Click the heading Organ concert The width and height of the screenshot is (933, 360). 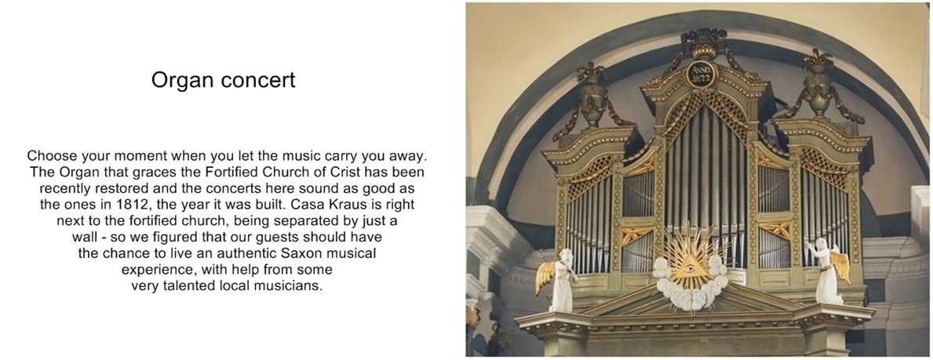point(223,80)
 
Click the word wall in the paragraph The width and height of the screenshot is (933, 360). point(82,237)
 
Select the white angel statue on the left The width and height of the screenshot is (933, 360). point(561,280)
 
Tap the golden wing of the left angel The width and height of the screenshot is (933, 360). point(545,277)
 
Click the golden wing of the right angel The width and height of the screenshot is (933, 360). point(842,266)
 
